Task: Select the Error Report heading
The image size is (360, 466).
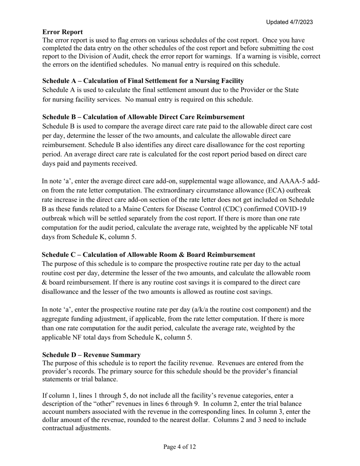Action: point(63,32)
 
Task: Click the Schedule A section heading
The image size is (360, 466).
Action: point(143,81)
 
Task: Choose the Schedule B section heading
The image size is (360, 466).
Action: point(143,117)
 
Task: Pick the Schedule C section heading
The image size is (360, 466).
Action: point(148,255)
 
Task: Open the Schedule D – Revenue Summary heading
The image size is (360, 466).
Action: point(91,355)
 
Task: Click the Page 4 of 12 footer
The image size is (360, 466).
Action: point(180,447)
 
